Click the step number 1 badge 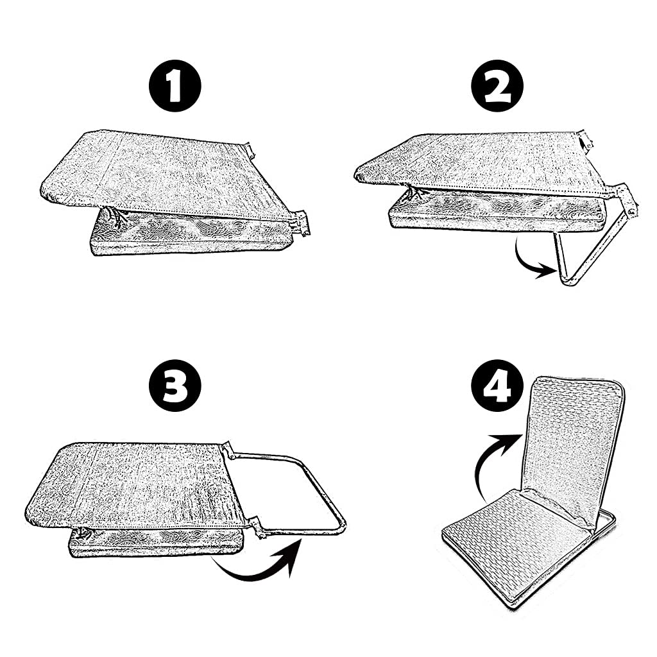click(175, 87)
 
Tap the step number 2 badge click(497, 87)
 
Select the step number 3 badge click(175, 386)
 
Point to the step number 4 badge click(497, 386)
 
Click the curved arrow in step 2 click(524, 264)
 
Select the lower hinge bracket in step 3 click(257, 527)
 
